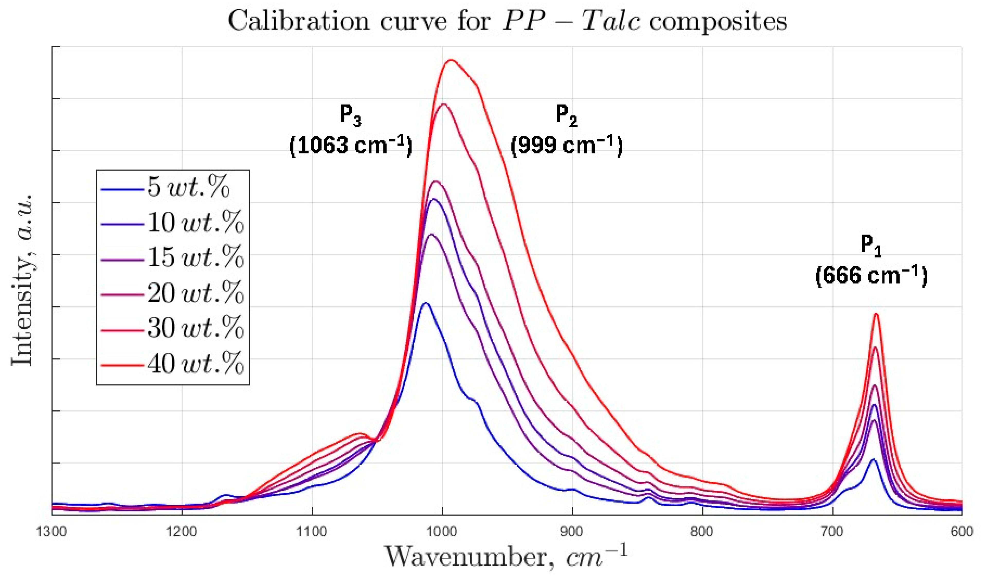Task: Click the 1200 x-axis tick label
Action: point(182,531)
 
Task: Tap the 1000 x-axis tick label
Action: point(442,531)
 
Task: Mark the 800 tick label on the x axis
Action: point(702,531)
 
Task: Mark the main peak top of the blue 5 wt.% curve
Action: point(426,303)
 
